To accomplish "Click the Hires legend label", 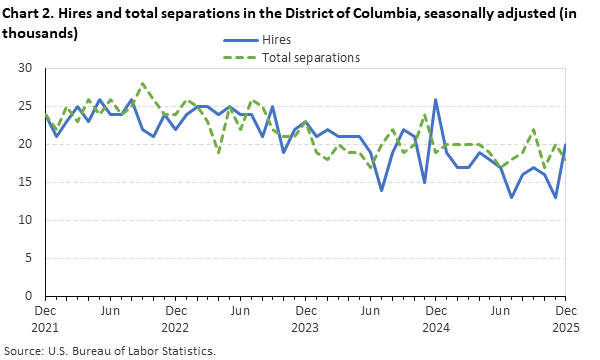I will point(277,40).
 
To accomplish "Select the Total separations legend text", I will point(310,58).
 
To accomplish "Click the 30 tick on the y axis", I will point(26,68).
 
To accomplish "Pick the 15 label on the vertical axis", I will point(26,182).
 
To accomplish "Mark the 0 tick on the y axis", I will point(30,296).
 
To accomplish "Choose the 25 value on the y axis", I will point(26,106).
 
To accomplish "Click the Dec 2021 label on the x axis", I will point(45,319).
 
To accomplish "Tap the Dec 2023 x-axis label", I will point(306,319).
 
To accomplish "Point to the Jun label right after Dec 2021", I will point(110,312).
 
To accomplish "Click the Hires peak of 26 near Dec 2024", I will point(436,99).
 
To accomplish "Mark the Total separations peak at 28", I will point(143,84).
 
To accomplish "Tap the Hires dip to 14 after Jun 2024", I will point(382,190).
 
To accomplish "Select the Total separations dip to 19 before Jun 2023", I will point(218,152).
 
